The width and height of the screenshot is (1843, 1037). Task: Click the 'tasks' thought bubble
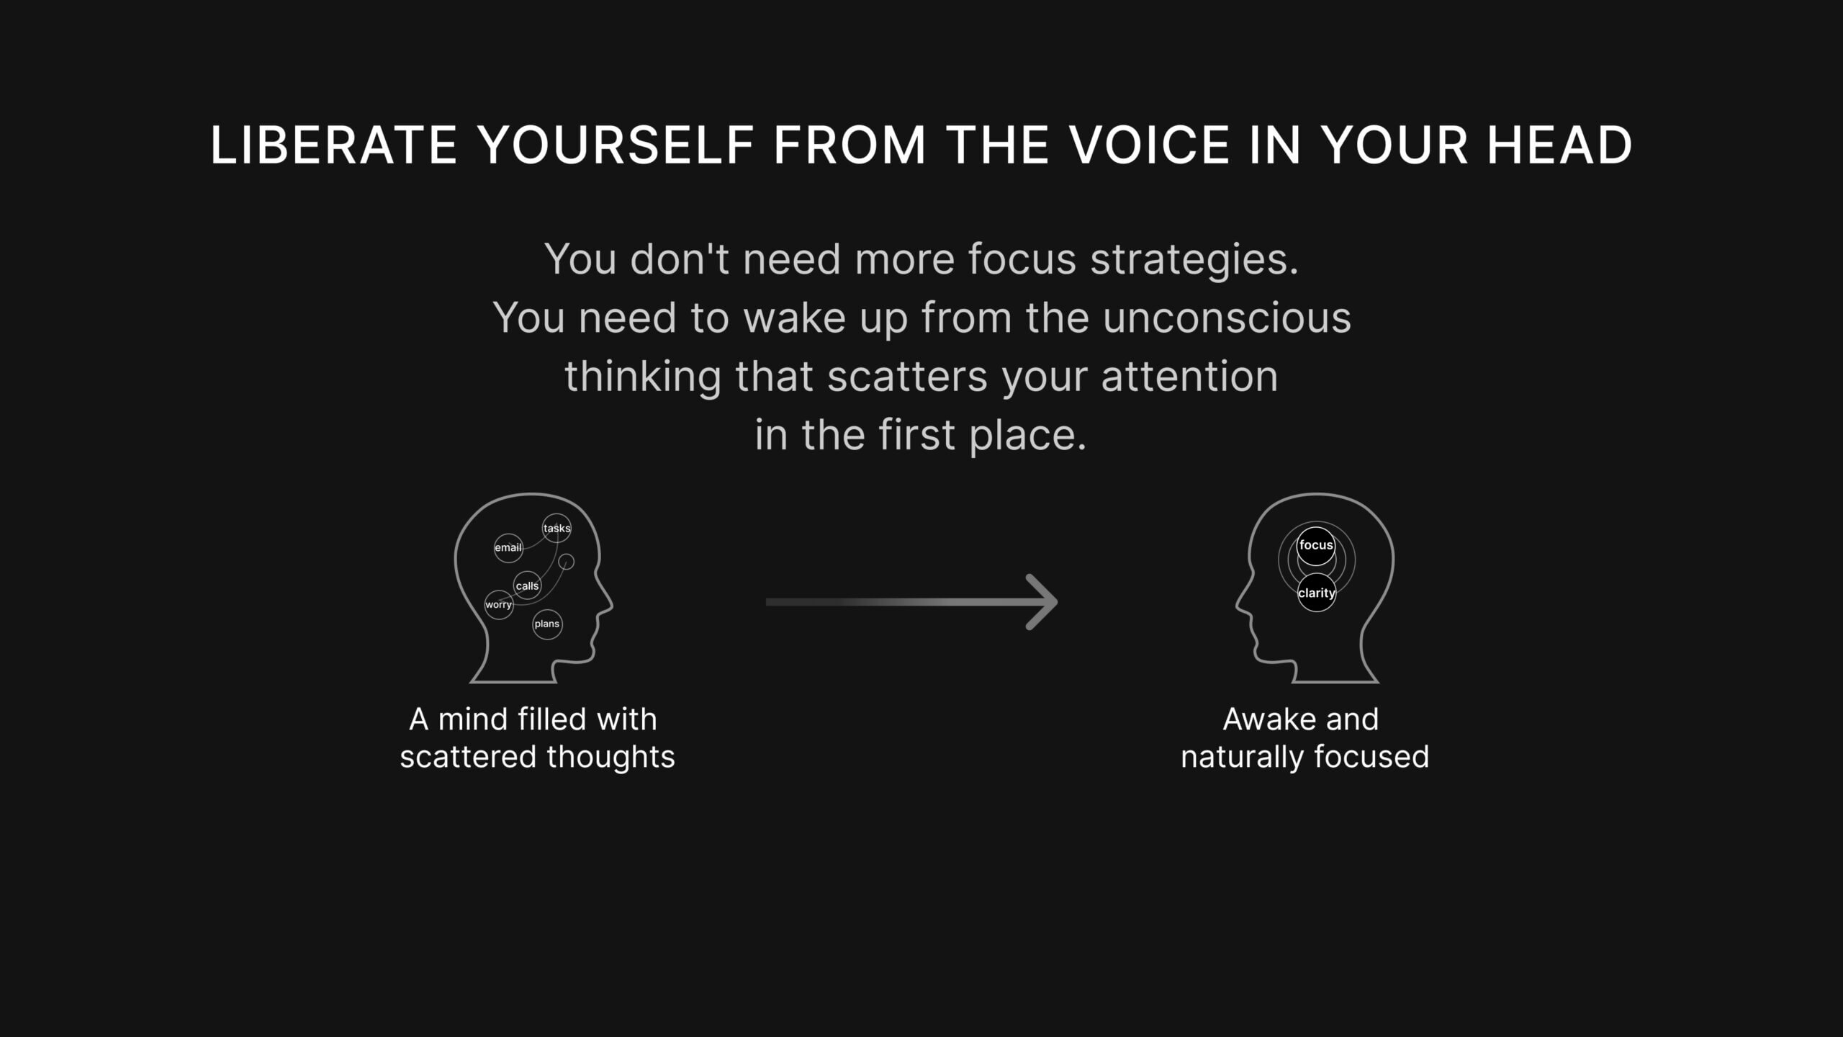(556, 528)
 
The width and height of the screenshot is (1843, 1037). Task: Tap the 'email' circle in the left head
(508, 548)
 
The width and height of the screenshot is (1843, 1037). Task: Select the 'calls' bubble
(527, 585)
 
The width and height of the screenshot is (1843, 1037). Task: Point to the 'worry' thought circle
(498, 605)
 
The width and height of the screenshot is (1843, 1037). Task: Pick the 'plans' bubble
(547, 624)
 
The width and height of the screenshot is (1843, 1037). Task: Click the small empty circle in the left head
(567, 562)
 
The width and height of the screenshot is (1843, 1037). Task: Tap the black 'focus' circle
(1316, 546)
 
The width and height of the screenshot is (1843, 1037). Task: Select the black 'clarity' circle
(1316, 593)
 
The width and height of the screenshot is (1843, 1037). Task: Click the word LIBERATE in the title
(333, 145)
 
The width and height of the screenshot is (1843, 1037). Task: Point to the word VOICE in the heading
(1149, 145)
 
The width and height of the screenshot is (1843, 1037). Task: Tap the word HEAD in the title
(1559, 145)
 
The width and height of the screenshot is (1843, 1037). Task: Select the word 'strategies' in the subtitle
(1194, 260)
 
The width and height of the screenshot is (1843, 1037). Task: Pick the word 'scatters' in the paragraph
(907, 377)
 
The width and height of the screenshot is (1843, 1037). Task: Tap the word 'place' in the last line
(1027, 436)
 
